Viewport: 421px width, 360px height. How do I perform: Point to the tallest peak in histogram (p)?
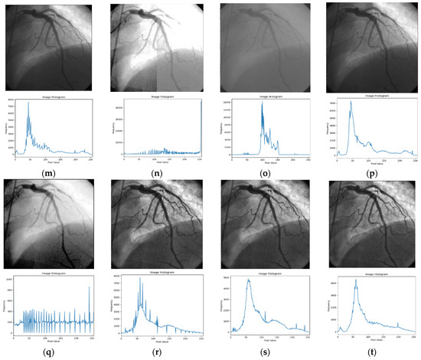tap(351, 102)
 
